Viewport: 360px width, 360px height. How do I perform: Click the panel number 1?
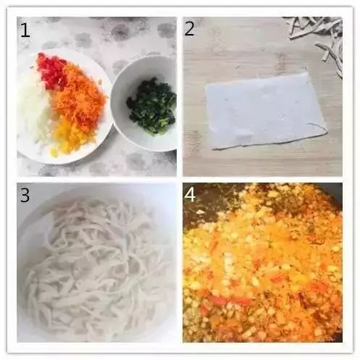click(x=25, y=30)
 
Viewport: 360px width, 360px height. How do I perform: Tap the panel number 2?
click(x=189, y=29)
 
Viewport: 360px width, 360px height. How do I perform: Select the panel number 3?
click(x=25, y=195)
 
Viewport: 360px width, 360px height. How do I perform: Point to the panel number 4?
click(x=190, y=195)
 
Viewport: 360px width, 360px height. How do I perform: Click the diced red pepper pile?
click(x=51, y=71)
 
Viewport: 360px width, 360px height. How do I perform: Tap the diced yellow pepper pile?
click(x=64, y=136)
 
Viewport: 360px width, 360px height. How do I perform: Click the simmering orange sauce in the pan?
click(x=263, y=266)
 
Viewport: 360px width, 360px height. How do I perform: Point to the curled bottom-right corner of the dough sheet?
click(x=324, y=131)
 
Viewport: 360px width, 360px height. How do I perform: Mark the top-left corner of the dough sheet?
click(x=206, y=85)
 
